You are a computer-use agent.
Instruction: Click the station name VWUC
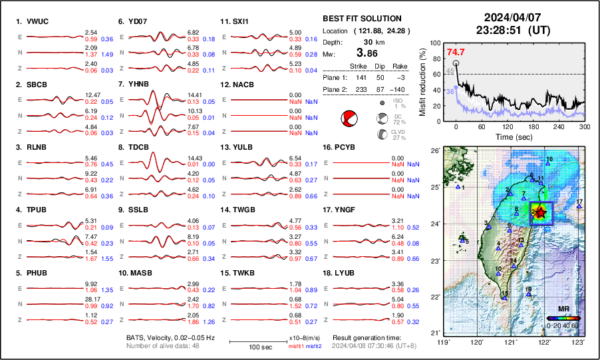click(x=39, y=21)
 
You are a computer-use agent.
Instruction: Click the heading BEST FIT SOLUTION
click(x=361, y=19)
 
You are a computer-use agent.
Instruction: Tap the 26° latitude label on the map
click(x=434, y=151)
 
